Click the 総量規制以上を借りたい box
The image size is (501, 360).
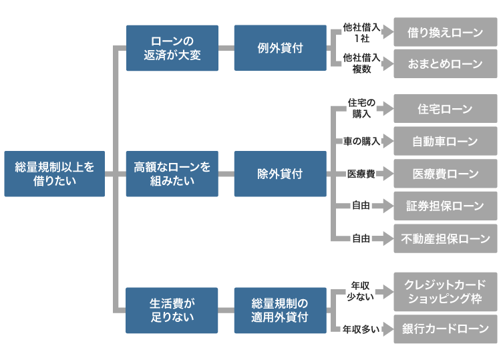pyautogui.click(x=54, y=174)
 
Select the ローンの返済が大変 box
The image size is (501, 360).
pyautogui.click(x=172, y=48)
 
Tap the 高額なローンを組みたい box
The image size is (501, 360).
pyautogui.click(x=172, y=174)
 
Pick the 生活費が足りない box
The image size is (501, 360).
pyautogui.click(x=172, y=310)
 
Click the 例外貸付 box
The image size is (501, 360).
pyautogui.click(x=280, y=48)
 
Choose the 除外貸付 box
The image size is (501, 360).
pyautogui.click(x=280, y=174)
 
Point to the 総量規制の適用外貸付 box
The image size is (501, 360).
pyautogui.click(x=280, y=310)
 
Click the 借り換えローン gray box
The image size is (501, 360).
pyautogui.click(x=445, y=32)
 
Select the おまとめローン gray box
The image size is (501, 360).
pyautogui.click(x=445, y=64)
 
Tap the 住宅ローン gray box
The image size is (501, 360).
pyautogui.click(x=445, y=109)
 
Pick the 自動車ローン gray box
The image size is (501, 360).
pyautogui.click(x=445, y=141)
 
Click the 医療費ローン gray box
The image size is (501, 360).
pyautogui.click(x=445, y=174)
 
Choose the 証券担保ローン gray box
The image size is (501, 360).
pyautogui.click(x=445, y=206)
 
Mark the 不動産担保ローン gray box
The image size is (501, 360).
pyautogui.click(x=445, y=238)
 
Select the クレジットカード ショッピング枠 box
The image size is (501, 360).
pyautogui.click(x=445, y=291)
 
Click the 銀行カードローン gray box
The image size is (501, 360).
pyautogui.click(x=445, y=329)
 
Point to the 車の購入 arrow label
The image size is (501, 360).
pyautogui.click(x=361, y=141)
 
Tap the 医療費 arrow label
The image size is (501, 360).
pyautogui.click(x=360, y=174)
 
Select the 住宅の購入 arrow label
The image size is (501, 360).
pyautogui.click(x=361, y=109)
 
